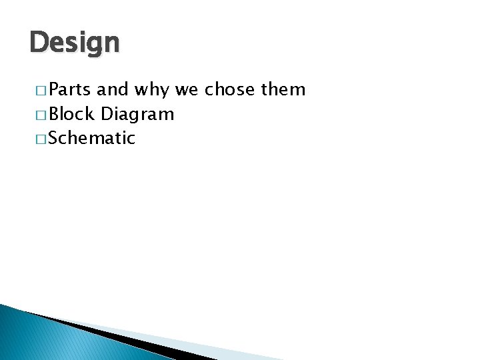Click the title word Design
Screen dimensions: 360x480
point(75,43)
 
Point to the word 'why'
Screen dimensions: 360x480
point(152,90)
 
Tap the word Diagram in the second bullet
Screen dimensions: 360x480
point(137,115)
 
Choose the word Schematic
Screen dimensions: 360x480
point(92,138)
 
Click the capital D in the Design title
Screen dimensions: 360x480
point(39,43)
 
